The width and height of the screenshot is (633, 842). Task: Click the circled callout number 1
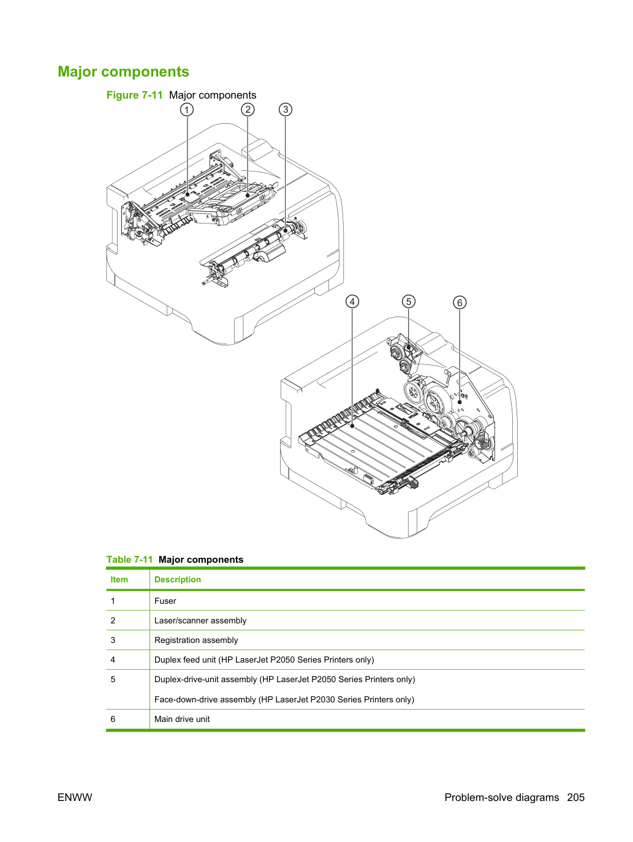pyautogui.click(x=186, y=110)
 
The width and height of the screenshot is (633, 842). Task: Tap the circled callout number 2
pyautogui.click(x=248, y=110)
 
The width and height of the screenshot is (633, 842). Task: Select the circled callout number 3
pyautogui.click(x=285, y=110)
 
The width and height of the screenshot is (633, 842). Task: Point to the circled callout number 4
pyautogui.click(x=352, y=301)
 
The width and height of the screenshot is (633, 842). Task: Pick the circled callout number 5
pyautogui.click(x=409, y=301)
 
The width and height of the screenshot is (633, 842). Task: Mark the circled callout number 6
pyautogui.click(x=460, y=303)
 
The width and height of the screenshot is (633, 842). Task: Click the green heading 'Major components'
pyautogui.click(x=123, y=72)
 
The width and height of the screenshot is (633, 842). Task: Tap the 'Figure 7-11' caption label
pyautogui.click(x=134, y=95)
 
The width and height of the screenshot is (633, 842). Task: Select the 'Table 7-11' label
pyautogui.click(x=129, y=559)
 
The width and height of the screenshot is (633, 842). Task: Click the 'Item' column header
pyautogui.click(x=119, y=579)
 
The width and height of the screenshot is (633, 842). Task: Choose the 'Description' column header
pyautogui.click(x=177, y=579)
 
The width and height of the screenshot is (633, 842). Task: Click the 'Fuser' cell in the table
pyautogui.click(x=165, y=601)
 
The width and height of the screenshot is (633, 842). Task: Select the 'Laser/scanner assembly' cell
pyautogui.click(x=200, y=620)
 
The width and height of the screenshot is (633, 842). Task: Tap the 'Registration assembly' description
pyautogui.click(x=196, y=640)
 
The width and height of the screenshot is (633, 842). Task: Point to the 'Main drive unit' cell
pyautogui.click(x=182, y=719)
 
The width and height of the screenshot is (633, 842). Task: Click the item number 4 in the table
pyautogui.click(x=113, y=660)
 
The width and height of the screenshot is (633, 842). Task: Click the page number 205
pyautogui.click(x=576, y=797)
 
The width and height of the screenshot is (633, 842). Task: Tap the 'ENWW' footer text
pyautogui.click(x=75, y=797)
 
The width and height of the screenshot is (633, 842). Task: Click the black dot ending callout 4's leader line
pyautogui.click(x=352, y=426)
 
